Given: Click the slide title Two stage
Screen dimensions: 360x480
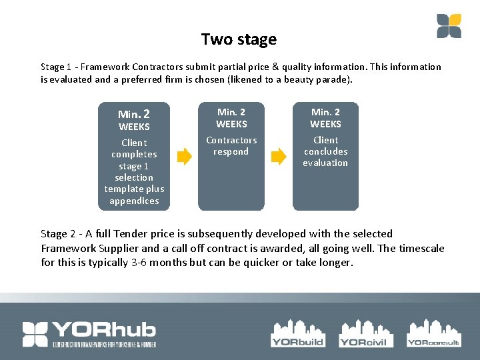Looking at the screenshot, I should point(239,39).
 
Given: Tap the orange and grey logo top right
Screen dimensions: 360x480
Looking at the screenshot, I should point(449,26).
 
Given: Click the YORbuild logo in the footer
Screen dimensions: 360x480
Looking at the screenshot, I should point(297,333).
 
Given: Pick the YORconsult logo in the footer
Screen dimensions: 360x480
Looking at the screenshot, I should point(433,333).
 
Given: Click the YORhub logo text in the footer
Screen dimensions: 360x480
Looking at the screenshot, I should point(89,333).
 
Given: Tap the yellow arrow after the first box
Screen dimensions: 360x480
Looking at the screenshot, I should point(183,157).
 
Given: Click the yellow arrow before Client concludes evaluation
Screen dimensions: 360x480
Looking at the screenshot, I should point(278,157).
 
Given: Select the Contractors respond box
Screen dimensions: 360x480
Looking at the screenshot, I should point(231,157).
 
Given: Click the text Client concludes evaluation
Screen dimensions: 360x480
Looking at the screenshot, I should point(325,151).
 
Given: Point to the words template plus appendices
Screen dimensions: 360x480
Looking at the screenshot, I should point(134,195).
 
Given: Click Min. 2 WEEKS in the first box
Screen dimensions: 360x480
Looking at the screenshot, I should point(134,120).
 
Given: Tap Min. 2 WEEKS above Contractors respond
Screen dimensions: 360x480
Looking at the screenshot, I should point(231,118).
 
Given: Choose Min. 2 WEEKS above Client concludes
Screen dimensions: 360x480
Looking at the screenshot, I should point(325,118).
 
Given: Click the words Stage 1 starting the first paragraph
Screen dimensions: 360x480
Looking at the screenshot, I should point(53,67).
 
